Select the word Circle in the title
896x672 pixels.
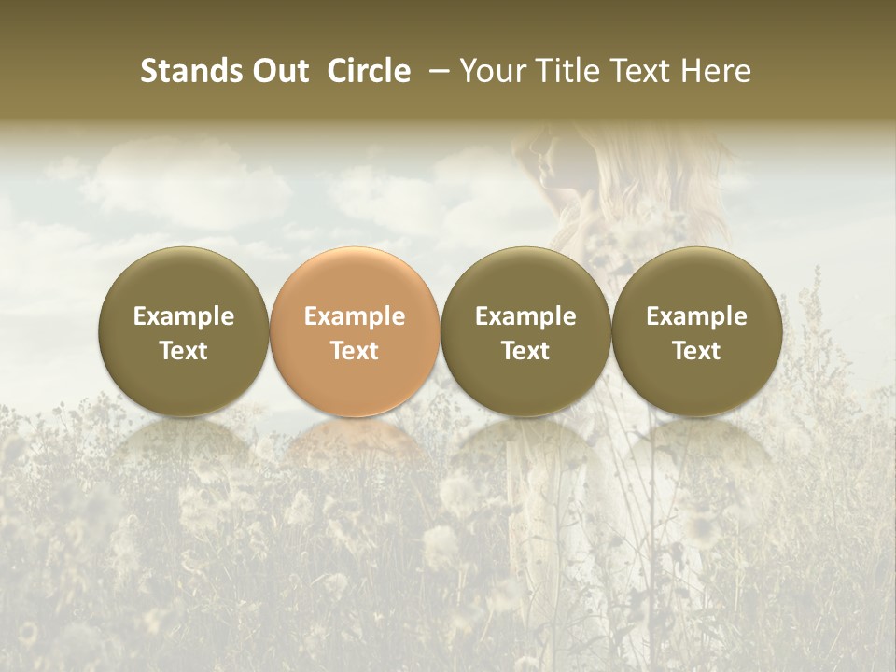click(x=369, y=72)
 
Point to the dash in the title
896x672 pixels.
click(x=434, y=72)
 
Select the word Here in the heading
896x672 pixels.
click(x=715, y=72)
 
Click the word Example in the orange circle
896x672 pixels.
click(x=355, y=316)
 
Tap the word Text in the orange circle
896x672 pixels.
click(x=355, y=351)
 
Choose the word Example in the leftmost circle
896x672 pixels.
click(x=184, y=316)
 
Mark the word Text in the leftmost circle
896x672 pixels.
click(x=184, y=351)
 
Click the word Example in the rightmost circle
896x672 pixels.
click(x=697, y=316)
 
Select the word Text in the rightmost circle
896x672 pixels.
click(x=697, y=351)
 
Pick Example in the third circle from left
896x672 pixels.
click(x=525, y=316)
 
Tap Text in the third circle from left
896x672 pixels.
click(x=525, y=351)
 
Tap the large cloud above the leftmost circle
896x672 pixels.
click(x=187, y=187)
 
